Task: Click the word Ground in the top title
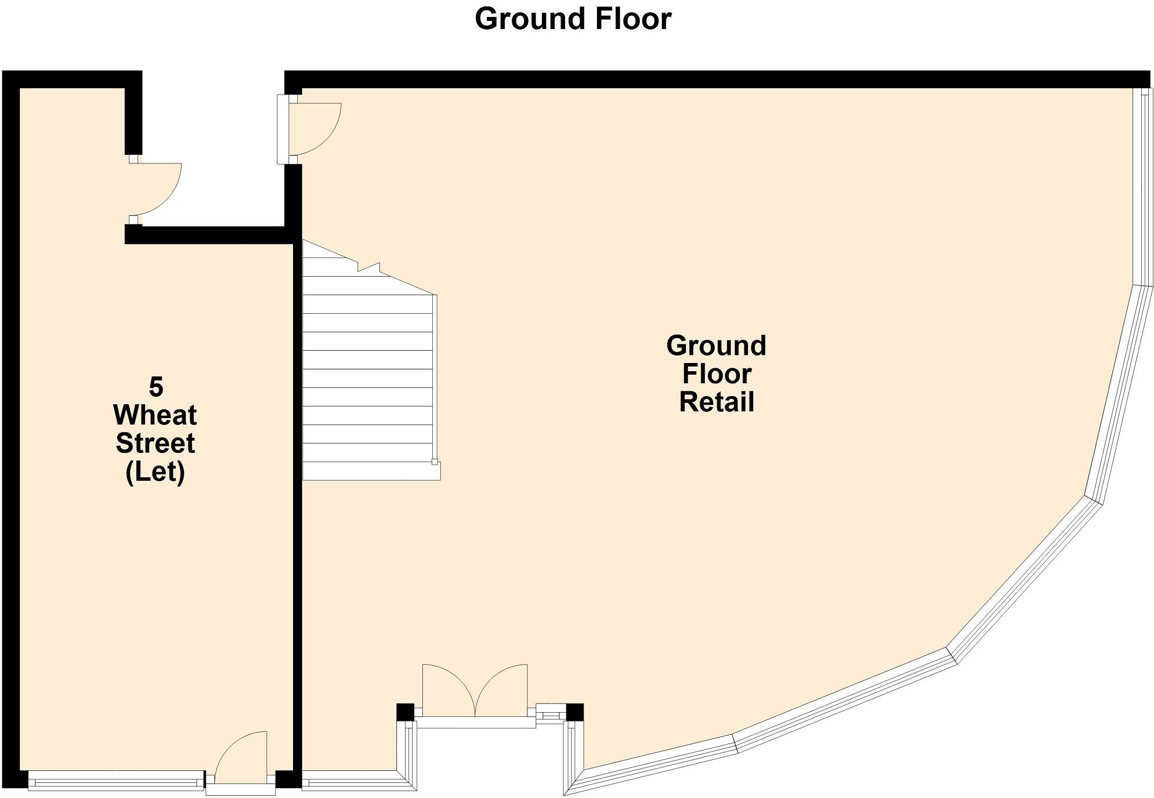pos(525,19)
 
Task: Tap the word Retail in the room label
pos(716,401)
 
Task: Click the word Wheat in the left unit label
pos(155,415)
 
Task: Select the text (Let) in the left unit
pos(155,472)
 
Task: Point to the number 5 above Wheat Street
pos(156,386)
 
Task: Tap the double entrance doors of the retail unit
pos(475,693)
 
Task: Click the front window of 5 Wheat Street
pos(116,781)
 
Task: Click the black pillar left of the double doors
pos(405,712)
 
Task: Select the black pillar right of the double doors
pos(574,712)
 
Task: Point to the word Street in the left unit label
pos(155,444)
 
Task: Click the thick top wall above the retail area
pos(696,79)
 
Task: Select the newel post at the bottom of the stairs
pos(435,462)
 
